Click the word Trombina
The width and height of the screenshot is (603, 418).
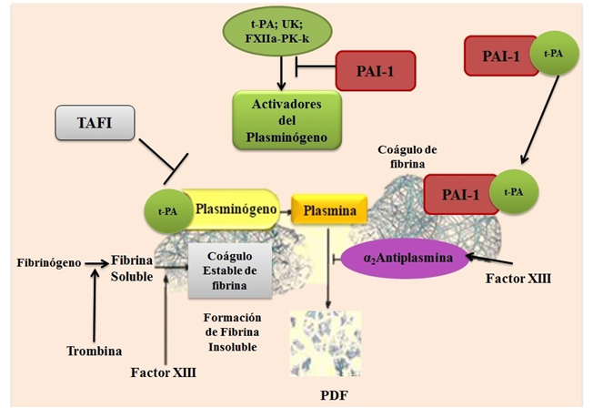tap(95, 351)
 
